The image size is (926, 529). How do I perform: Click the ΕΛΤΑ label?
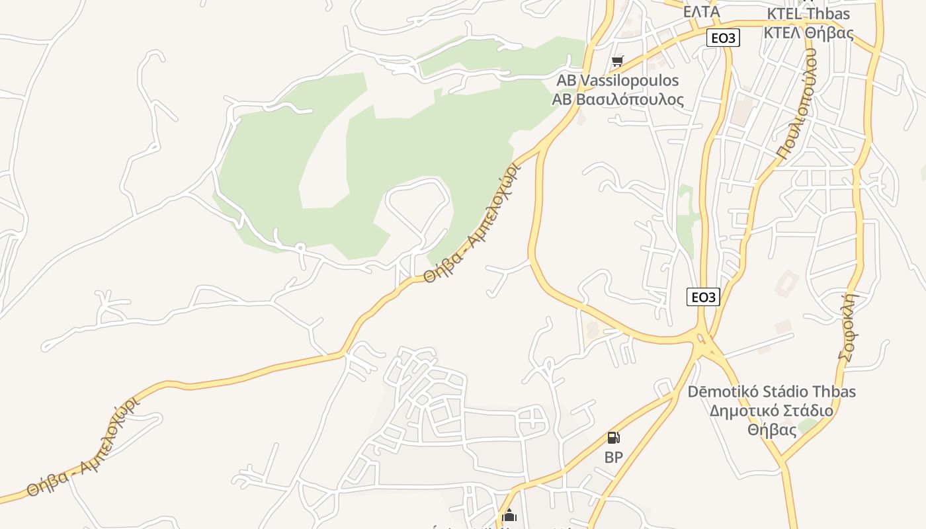[701, 11]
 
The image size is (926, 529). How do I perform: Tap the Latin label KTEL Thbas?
[808, 14]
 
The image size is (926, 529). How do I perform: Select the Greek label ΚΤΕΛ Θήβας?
[808, 33]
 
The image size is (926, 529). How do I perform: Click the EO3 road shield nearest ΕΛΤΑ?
[723, 38]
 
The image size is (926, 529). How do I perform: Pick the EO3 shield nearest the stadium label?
[703, 298]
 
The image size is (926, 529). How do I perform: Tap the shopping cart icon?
[617, 61]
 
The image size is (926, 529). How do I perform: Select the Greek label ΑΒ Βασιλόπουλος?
[618, 100]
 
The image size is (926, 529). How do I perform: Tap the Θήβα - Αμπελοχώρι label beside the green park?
[471, 224]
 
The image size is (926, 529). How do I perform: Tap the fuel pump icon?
[613, 438]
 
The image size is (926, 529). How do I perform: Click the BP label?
[613, 457]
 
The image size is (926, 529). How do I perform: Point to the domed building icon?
[509, 515]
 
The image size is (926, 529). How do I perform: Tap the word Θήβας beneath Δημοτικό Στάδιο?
[771, 430]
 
